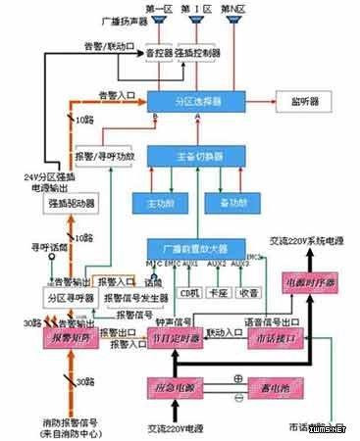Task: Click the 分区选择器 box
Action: (195, 101)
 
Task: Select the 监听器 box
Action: (313, 101)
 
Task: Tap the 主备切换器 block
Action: (195, 156)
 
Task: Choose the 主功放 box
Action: (153, 202)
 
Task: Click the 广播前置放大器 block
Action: (195, 249)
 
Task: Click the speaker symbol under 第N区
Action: (231, 24)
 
